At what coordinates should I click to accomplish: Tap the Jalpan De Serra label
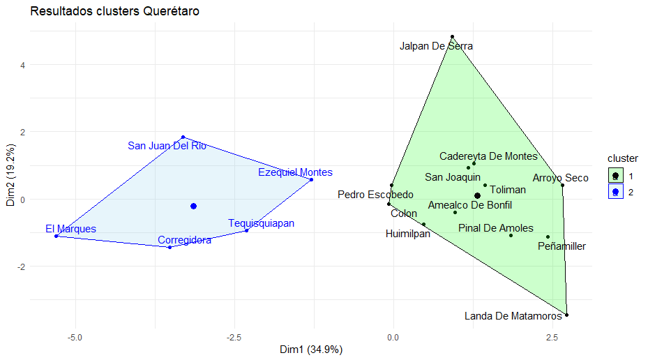[436, 46]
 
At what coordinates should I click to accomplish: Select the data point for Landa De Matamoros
[566, 315]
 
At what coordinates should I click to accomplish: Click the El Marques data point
[56, 236]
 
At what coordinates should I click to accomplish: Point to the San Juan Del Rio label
[167, 146]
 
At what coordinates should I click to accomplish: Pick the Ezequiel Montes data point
[311, 179]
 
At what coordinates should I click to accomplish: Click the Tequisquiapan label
[261, 223]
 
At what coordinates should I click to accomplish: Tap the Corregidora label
[184, 240]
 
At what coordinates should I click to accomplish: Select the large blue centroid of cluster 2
[193, 206]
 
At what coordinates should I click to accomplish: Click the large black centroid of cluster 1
[477, 196]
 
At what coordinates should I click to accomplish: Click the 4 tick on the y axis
[22, 65]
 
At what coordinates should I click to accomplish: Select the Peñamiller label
[562, 246]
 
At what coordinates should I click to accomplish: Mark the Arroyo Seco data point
[562, 185]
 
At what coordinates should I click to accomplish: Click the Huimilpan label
[408, 234]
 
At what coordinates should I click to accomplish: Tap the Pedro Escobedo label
[375, 194]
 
